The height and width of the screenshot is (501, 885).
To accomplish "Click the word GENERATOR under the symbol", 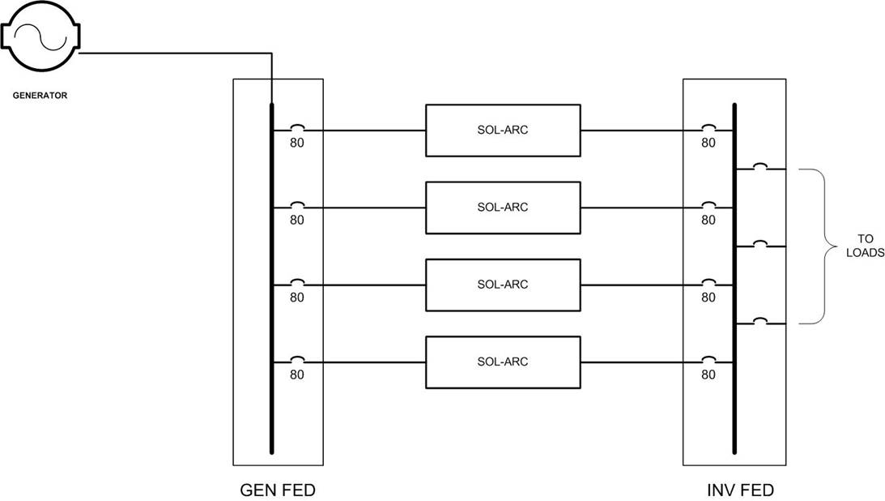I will (x=40, y=96).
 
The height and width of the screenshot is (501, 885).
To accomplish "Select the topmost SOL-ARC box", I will (x=503, y=130).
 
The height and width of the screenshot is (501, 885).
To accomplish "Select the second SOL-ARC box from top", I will (x=503, y=208).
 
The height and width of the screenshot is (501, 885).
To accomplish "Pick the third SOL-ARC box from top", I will (x=503, y=285).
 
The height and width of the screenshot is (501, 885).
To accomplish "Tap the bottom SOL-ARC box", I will (x=503, y=362).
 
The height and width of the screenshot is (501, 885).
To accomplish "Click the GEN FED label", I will (x=278, y=490).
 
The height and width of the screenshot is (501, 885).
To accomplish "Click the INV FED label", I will (x=740, y=490).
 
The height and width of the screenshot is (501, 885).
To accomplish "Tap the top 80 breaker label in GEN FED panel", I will (x=297, y=143).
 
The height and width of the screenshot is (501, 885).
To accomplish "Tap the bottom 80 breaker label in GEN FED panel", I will (x=297, y=375).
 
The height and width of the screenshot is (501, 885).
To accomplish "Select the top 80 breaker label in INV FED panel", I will (x=708, y=143).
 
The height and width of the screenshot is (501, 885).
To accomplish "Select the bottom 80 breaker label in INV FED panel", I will (x=708, y=375).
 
